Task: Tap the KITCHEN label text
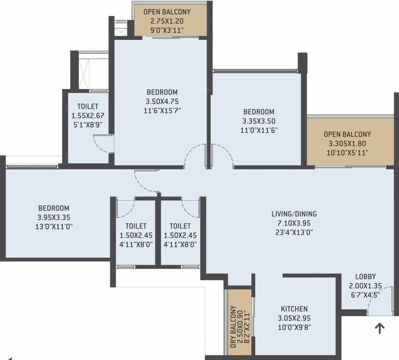pyautogui.click(x=294, y=309)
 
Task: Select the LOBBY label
pyautogui.click(x=365, y=277)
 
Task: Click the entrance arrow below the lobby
pyautogui.click(x=379, y=329)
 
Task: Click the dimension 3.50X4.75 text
pyautogui.click(x=162, y=101)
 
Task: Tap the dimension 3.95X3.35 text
pyautogui.click(x=54, y=217)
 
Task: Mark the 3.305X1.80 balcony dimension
pyautogui.click(x=347, y=143)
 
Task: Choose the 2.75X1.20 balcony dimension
pyautogui.click(x=167, y=22)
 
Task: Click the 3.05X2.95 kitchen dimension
pyautogui.click(x=294, y=318)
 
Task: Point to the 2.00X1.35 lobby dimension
pyautogui.click(x=365, y=285)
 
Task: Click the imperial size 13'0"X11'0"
pyautogui.click(x=54, y=226)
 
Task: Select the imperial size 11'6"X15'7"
pyautogui.click(x=162, y=110)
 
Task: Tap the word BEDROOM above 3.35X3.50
pyautogui.click(x=259, y=112)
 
